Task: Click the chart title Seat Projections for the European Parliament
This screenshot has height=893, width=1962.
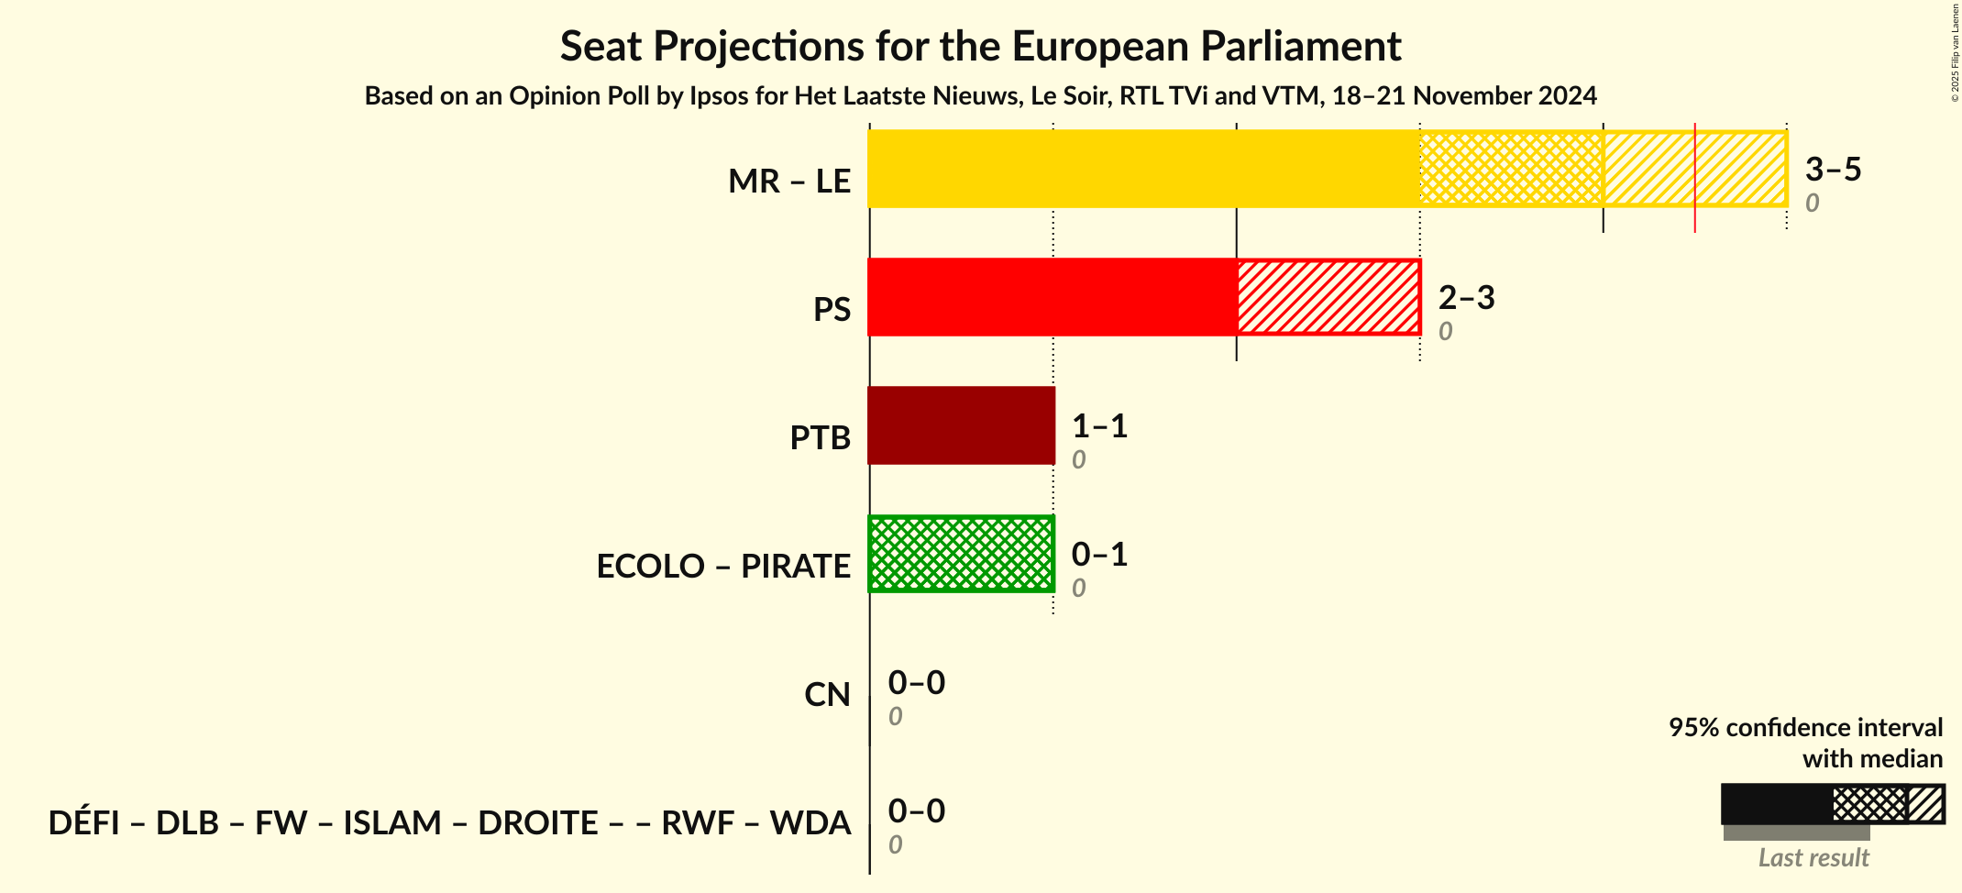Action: tap(980, 46)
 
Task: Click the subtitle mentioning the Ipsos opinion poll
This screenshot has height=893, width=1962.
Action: tap(980, 96)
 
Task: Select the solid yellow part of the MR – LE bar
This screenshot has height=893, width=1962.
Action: tap(1143, 169)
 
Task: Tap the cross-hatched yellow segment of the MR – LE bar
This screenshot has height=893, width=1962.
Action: tap(1511, 169)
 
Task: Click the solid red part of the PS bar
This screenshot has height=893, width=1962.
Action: tap(1052, 297)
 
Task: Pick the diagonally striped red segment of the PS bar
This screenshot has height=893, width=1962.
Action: tap(1328, 297)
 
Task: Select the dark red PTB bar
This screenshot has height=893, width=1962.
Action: tap(961, 425)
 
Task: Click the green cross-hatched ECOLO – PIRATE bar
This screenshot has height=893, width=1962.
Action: tap(961, 554)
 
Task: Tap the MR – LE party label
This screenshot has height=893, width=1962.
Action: tap(788, 182)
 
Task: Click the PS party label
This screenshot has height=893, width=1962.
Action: tap(832, 310)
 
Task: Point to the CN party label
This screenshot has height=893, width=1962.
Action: tap(827, 695)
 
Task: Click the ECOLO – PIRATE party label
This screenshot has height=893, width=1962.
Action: tap(722, 567)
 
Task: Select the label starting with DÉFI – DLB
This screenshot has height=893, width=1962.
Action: tap(449, 823)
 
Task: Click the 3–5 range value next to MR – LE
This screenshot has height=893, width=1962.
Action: tap(1833, 170)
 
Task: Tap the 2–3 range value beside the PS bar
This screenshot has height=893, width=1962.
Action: tap(1466, 298)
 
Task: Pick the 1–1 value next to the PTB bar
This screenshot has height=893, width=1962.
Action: tap(1099, 426)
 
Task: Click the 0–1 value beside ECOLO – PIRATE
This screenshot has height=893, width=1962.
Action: tap(1099, 555)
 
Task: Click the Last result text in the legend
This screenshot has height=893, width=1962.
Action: tap(1813, 858)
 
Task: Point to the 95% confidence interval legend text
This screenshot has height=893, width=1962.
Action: tap(1804, 728)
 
